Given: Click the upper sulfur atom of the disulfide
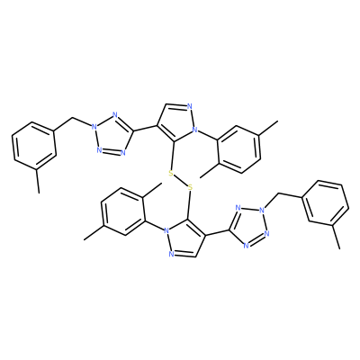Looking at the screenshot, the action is (171, 173).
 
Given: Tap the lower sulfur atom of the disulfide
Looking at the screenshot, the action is (190, 188).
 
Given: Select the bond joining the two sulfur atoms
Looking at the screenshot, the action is (180, 181).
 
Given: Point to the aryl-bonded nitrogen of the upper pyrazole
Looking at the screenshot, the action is (195, 130).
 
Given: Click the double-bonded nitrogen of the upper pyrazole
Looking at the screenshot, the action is (189, 106).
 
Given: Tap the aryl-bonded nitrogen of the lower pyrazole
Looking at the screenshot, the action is (165, 231).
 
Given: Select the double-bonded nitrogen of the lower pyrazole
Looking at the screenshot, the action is (171, 255).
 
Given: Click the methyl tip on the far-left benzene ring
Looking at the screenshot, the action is (39, 193).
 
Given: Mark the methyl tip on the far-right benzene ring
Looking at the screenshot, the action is (340, 248).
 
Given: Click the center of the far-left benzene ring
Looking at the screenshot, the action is (34, 146).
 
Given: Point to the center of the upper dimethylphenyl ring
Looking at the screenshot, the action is (238, 148).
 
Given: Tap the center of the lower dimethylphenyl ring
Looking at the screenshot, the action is (123, 211).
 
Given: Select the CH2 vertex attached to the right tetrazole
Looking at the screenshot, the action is (280, 193).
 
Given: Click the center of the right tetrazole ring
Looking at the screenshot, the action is (248, 227).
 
